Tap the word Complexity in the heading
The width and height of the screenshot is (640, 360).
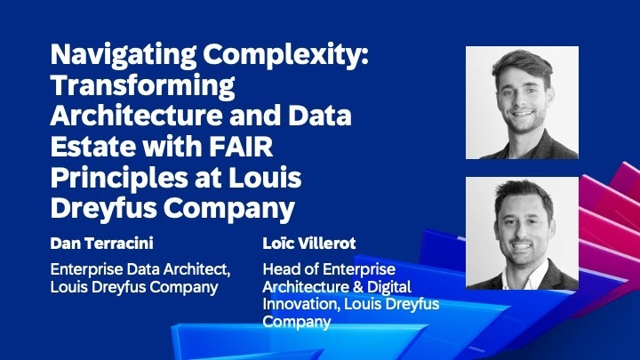point(285,57)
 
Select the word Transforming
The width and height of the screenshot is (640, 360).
point(143,88)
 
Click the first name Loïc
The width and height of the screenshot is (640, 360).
point(280,242)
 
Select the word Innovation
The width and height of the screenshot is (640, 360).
point(300,305)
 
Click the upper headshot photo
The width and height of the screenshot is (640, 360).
point(522,103)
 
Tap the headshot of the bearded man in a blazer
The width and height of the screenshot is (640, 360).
point(522,233)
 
